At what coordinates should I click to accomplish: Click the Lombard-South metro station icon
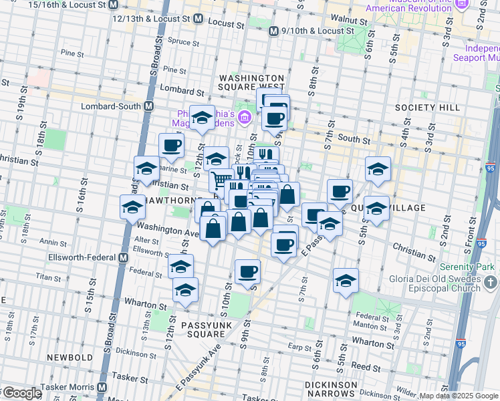click(x=148, y=106)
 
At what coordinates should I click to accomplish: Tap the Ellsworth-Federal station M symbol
click(x=123, y=258)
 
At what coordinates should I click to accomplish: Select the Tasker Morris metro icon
click(x=102, y=387)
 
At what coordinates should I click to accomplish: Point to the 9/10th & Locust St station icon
click(x=273, y=31)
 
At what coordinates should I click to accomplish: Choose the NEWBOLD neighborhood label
click(x=70, y=358)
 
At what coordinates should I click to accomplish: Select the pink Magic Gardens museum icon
click(x=245, y=118)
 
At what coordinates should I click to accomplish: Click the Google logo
click(x=21, y=393)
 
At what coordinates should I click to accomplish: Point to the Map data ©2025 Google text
click(x=458, y=396)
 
